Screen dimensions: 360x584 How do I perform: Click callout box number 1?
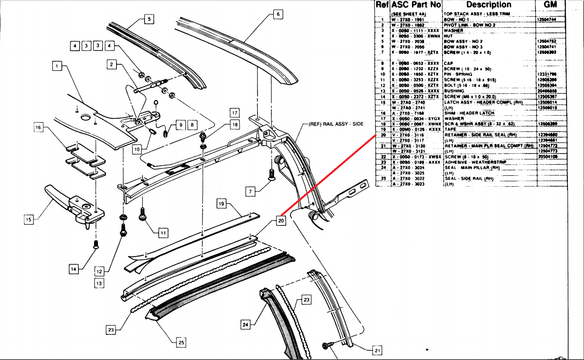point(57,66)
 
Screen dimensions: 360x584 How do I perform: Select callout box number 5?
point(149,19)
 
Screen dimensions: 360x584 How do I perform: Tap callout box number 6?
point(278,14)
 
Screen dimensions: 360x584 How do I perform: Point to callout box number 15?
point(29,219)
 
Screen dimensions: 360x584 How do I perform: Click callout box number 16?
point(38,127)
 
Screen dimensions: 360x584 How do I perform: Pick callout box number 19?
point(221,204)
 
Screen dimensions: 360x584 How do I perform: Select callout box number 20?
point(281,221)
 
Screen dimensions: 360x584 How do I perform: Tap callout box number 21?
point(377,351)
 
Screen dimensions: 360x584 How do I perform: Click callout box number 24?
point(245,324)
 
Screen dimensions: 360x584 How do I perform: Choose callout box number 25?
point(181,342)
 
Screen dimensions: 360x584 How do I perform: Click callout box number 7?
point(251,192)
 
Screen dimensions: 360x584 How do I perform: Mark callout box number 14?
point(74,269)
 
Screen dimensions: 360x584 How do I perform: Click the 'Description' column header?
point(489,5)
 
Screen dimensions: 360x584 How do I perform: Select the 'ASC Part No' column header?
point(416,5)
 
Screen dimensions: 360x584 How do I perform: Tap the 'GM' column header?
point(550,5)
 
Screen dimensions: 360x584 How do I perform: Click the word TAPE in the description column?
point(450,129)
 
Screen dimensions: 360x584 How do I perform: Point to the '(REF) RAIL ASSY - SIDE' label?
point(336,124)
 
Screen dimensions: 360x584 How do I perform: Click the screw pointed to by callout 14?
point(96,244)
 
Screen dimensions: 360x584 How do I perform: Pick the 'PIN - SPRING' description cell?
point(458,74)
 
